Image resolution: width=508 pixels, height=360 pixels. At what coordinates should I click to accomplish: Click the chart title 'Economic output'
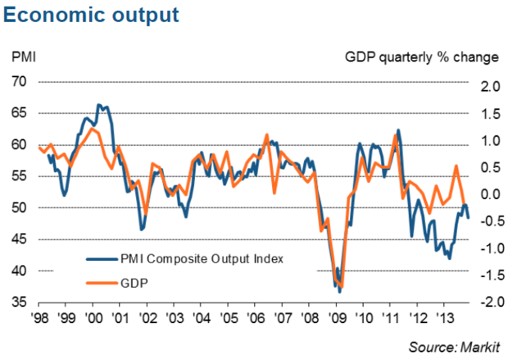click(91, 15)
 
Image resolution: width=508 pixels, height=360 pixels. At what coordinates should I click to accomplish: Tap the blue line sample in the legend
click(102, 257)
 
